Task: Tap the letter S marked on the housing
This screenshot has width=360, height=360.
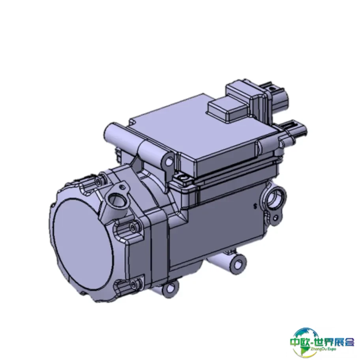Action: click(255, 206)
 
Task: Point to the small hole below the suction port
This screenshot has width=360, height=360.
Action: click(276, 217)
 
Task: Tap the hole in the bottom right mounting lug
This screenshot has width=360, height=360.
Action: click(239, 265)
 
